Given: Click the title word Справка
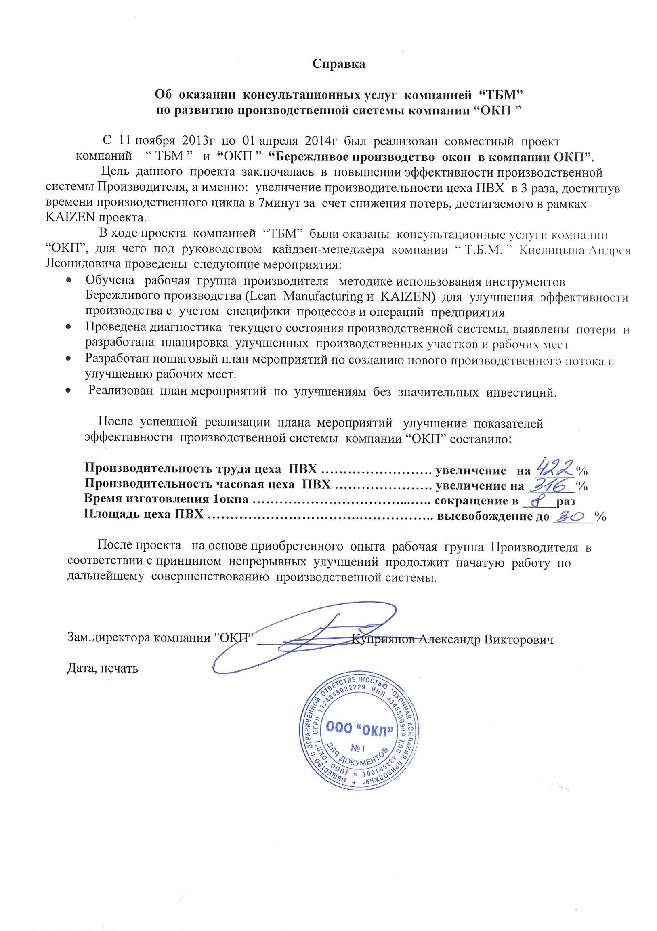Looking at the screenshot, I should point(338,64).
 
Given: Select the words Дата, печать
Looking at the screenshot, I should point(103,668).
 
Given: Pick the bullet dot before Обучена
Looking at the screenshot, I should point(69,280).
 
